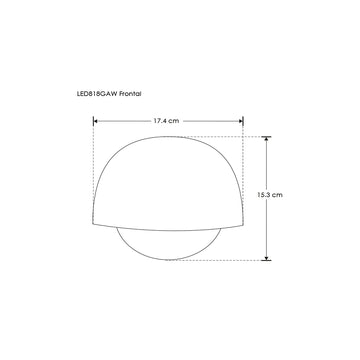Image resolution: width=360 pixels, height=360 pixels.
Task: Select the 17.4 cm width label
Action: coord(167,121)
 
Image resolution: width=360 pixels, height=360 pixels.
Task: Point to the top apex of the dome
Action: coord(168,137)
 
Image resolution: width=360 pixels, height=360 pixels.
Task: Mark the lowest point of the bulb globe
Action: coord(168,259)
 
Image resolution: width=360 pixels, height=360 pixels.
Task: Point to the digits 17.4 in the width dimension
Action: coord(162,121)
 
